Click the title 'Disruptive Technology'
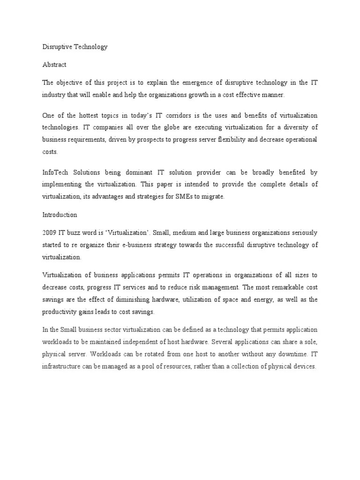point(75,47)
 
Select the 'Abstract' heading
point(54,65)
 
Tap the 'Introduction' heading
point(60,215)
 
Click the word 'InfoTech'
point(56,172)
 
